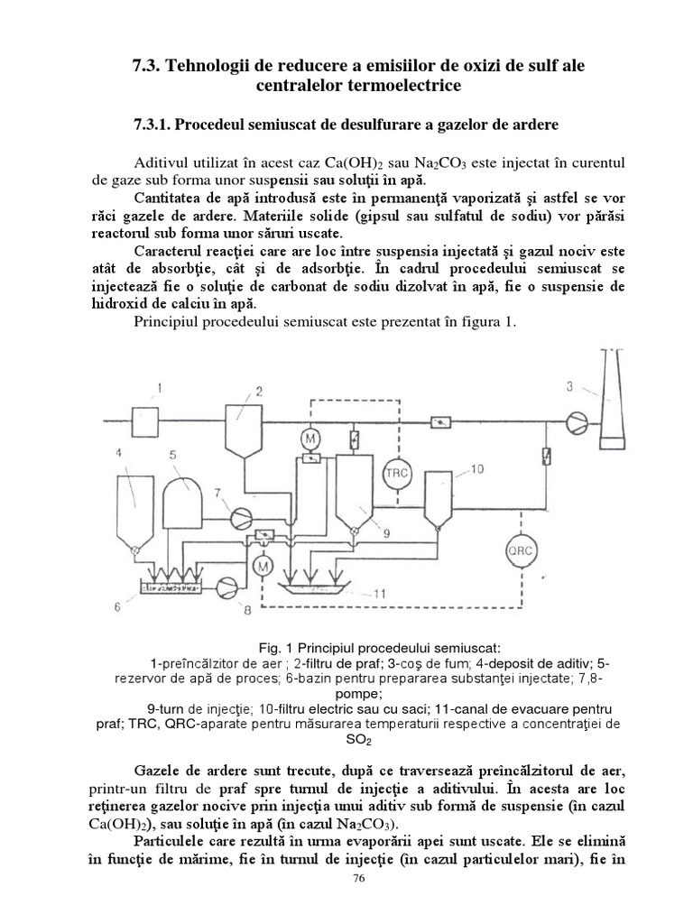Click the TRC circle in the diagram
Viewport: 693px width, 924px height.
395,472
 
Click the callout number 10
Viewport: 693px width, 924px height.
477,468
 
